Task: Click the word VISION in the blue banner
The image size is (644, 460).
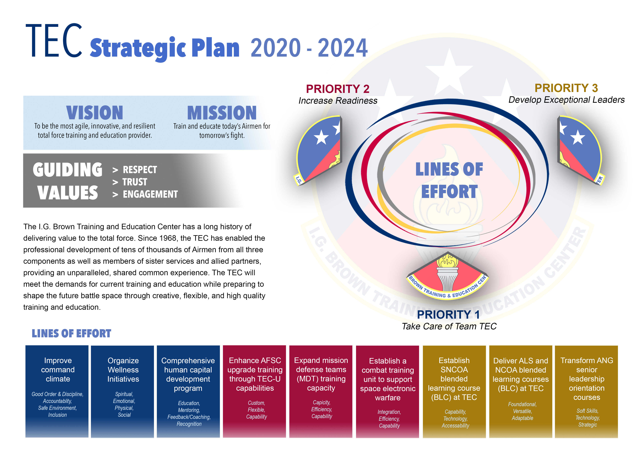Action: (95, 113)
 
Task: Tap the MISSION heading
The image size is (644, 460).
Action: (222, 113)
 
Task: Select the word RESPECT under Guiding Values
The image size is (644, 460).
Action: (140, 170)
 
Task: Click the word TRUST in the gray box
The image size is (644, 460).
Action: (135, 182)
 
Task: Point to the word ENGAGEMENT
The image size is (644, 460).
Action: (150, 194)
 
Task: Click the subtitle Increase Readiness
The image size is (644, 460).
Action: (338, 101)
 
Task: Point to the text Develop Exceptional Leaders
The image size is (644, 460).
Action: (566, 100)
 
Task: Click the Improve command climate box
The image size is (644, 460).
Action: (57, 391)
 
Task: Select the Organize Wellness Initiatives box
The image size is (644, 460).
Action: (122, 391)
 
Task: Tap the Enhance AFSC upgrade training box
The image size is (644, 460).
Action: (254, 391)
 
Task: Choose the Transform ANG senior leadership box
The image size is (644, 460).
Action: (586, 391)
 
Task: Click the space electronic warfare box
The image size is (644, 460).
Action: (387, 391)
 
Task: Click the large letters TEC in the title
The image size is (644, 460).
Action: (54, 40)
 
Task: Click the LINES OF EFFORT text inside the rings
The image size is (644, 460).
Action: (449, 180)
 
